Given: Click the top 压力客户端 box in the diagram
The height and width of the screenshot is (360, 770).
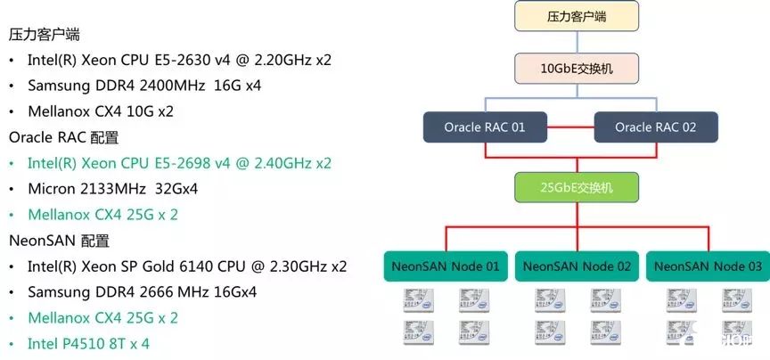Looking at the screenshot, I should [577, 16].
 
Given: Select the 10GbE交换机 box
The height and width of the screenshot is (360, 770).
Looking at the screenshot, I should [577, 67].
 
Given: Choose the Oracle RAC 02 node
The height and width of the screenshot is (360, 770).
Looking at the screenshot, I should [655, 127].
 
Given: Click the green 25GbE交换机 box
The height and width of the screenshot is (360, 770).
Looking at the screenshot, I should [577, 188].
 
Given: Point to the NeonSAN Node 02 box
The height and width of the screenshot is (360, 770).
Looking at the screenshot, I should [577, 266].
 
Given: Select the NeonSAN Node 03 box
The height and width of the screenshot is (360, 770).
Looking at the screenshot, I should [706, 266].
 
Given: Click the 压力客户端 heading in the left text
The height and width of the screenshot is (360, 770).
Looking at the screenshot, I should [45, 35].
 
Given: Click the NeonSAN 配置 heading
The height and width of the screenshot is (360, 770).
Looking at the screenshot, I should [60, 241].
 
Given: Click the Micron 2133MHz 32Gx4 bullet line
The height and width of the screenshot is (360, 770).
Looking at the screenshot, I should [113, 189].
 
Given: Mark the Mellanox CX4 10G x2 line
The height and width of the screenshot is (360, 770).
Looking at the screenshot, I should [101, 112].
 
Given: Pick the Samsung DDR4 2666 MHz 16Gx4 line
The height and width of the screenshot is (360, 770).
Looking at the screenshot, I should [143, 292].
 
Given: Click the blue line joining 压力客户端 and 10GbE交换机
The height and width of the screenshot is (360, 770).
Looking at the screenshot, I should [577, 42].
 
